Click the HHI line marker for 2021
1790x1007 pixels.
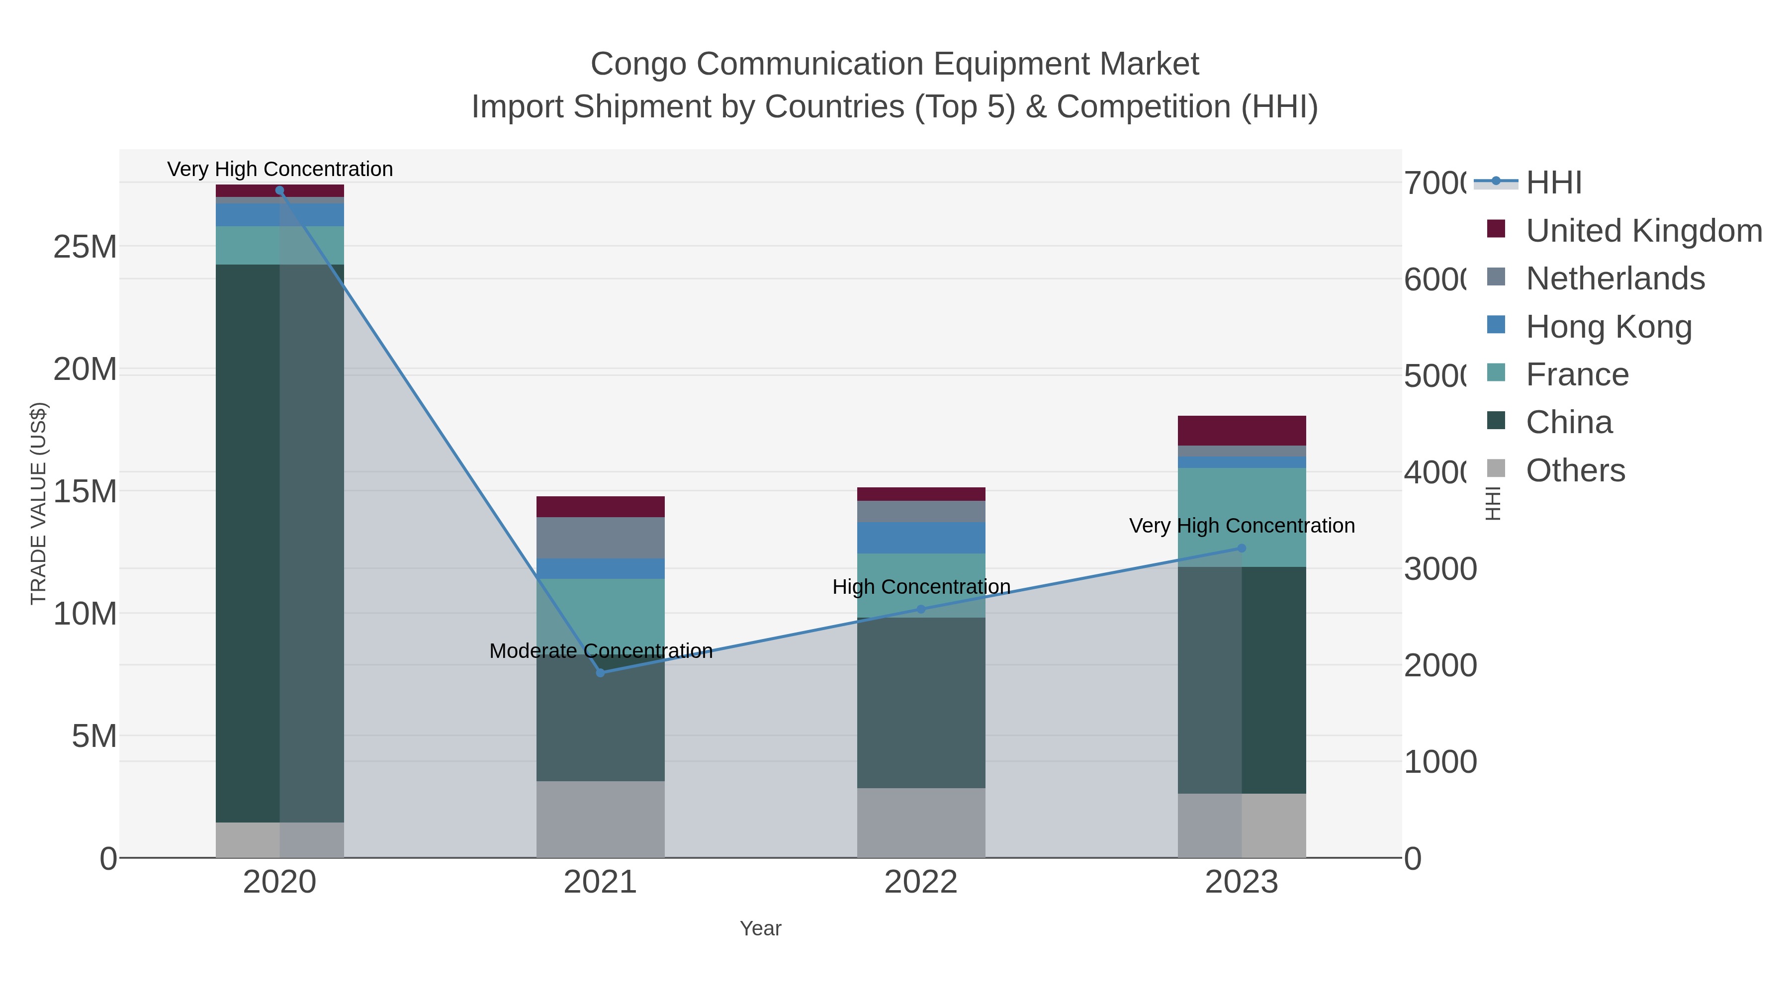(x=600, y=673)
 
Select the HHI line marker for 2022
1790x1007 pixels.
(x=921, y=610)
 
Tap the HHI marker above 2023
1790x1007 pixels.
(x=1242, y=549)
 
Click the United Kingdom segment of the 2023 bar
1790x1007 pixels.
(x=1242, y=431)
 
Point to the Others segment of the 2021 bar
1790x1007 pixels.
(x=600, y=820)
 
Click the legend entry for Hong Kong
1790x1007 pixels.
(x=1608, y=327)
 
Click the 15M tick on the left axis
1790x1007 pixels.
(x=85, y=491)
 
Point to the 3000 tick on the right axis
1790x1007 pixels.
(x=1440, y=569)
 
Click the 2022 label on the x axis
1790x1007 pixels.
(x=921, y=883)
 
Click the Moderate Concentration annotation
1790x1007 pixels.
(x=600, y=651)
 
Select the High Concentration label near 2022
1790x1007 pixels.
(x=921, y=587)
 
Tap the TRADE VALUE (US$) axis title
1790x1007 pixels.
(x=39, y=504)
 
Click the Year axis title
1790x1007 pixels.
(x=760, y=928)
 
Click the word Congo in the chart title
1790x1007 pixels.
(x=638, y=64)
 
